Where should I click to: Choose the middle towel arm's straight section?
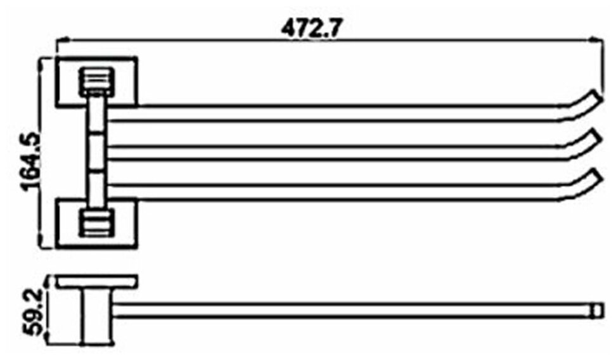(x=342, y=153)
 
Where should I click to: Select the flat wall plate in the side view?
(x=96, y=281)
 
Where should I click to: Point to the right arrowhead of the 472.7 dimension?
(x=596, y=39)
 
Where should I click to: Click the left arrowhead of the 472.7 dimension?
(x=61, y=39)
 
